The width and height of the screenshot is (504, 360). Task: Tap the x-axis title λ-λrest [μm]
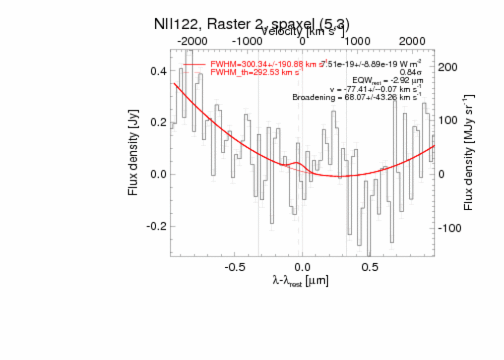tap(300, 281)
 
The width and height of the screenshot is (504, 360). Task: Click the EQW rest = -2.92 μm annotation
tap(387, 80)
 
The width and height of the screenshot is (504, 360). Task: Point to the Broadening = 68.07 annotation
tap(357, 97)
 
